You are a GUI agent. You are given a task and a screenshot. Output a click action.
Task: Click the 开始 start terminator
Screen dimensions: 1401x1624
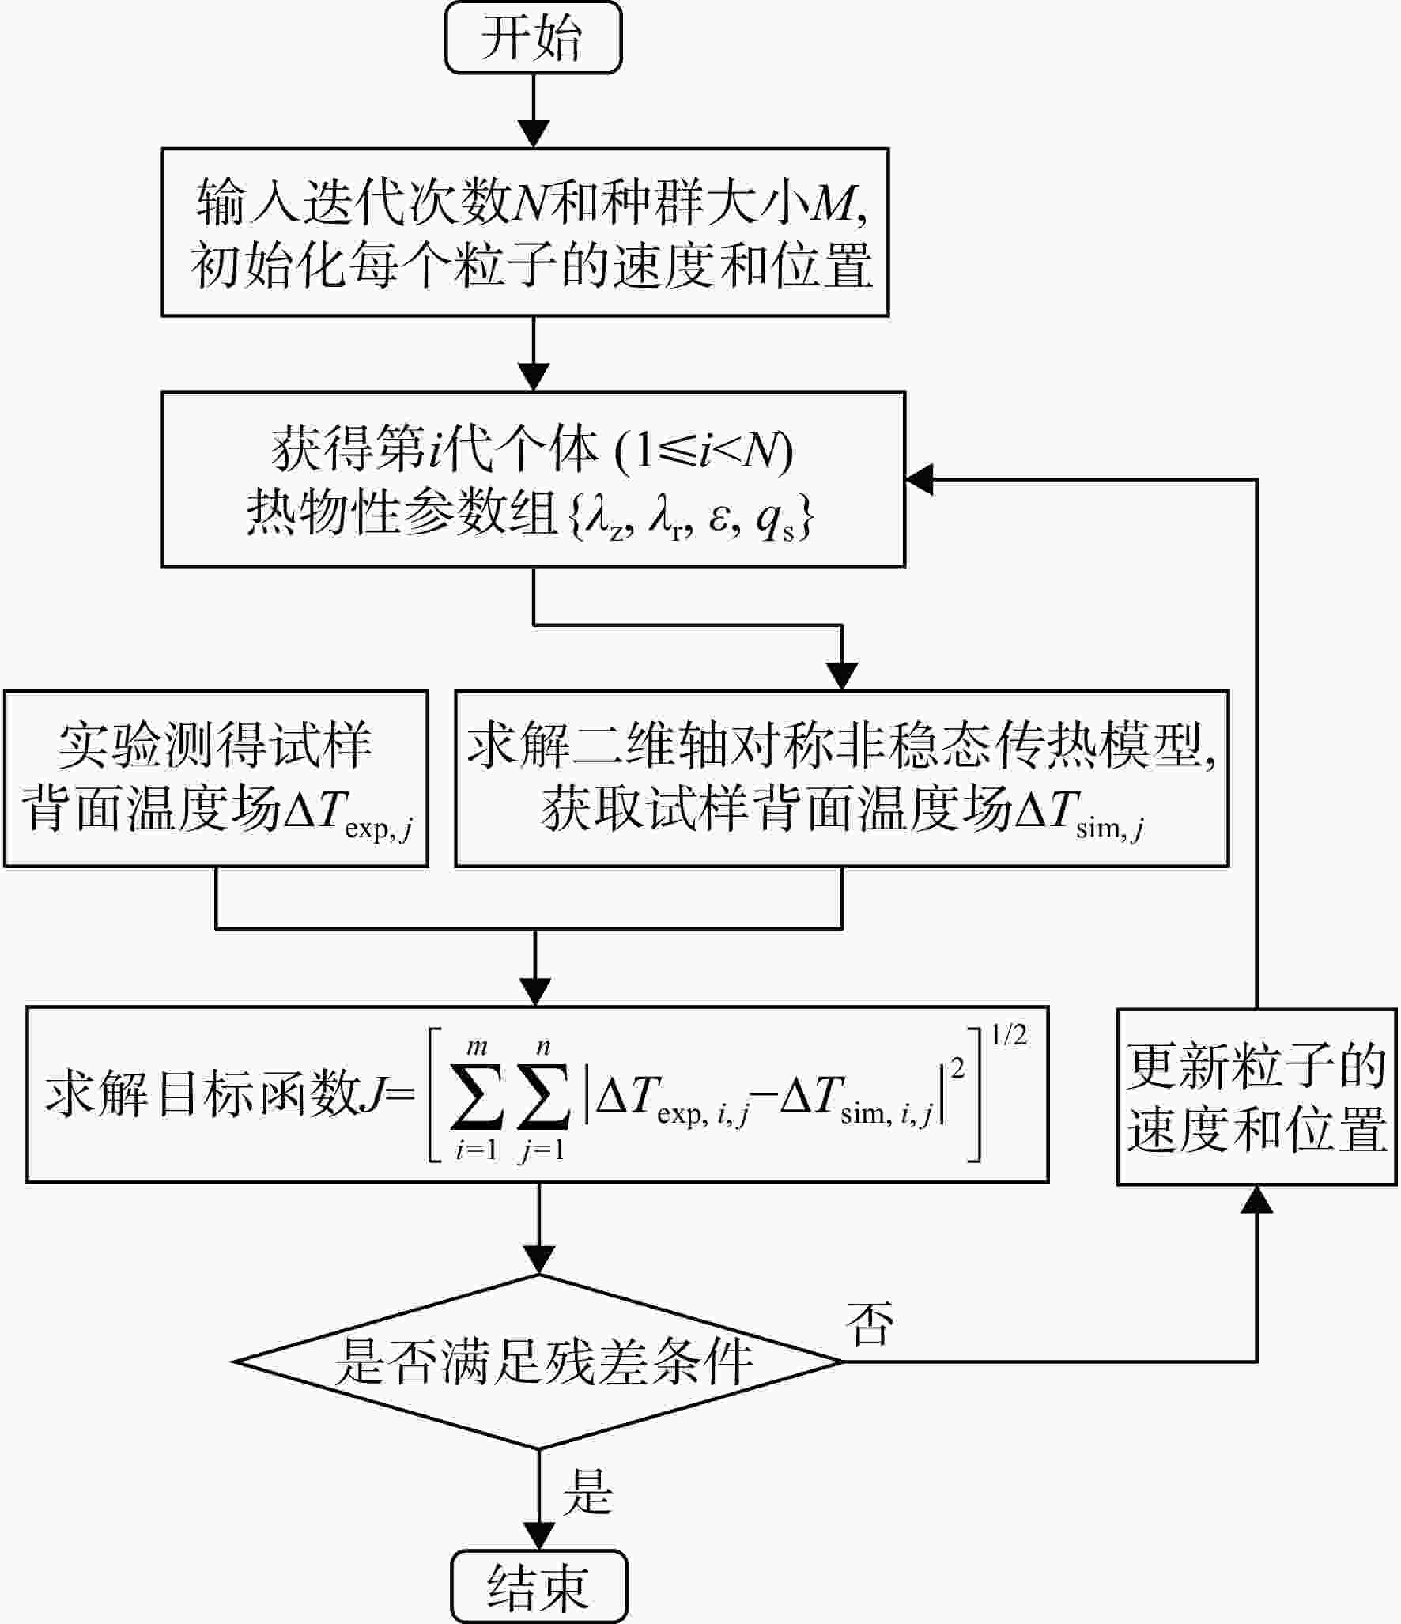click(534, 37)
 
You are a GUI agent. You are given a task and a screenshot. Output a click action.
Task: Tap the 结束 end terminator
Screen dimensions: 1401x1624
click(539, 1587)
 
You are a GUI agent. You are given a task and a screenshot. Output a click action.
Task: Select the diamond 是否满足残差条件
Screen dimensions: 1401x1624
click(538, 1362)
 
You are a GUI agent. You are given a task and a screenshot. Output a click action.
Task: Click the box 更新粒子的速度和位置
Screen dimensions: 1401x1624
click(1256, 1097)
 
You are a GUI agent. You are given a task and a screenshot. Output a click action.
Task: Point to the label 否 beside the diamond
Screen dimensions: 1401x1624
click(870, 1324)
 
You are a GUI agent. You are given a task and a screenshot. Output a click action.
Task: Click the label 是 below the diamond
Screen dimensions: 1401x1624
click(587, 1492)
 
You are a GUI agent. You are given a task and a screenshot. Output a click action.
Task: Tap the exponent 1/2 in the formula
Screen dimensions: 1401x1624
click(1009, 1035)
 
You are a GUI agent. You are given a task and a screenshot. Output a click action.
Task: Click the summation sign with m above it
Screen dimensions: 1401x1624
click(477, 1097)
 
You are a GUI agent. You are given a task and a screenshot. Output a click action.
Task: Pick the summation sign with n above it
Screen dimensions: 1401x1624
click(543, 1097)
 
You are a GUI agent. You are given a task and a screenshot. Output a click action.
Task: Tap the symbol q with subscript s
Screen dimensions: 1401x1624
click(776, 519)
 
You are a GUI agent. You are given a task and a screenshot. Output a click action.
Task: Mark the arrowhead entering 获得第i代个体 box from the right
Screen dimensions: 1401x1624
click(919, 479)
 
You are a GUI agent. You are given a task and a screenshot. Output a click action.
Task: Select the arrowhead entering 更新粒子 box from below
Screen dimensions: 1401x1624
click(1257, 1199)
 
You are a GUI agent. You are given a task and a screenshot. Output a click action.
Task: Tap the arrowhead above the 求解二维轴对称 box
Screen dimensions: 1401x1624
click(842, 677)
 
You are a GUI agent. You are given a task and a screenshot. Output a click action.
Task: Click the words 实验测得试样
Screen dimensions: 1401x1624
click(215, 746)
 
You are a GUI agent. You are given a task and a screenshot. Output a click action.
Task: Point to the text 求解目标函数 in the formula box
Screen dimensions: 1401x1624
click(202, 1096)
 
